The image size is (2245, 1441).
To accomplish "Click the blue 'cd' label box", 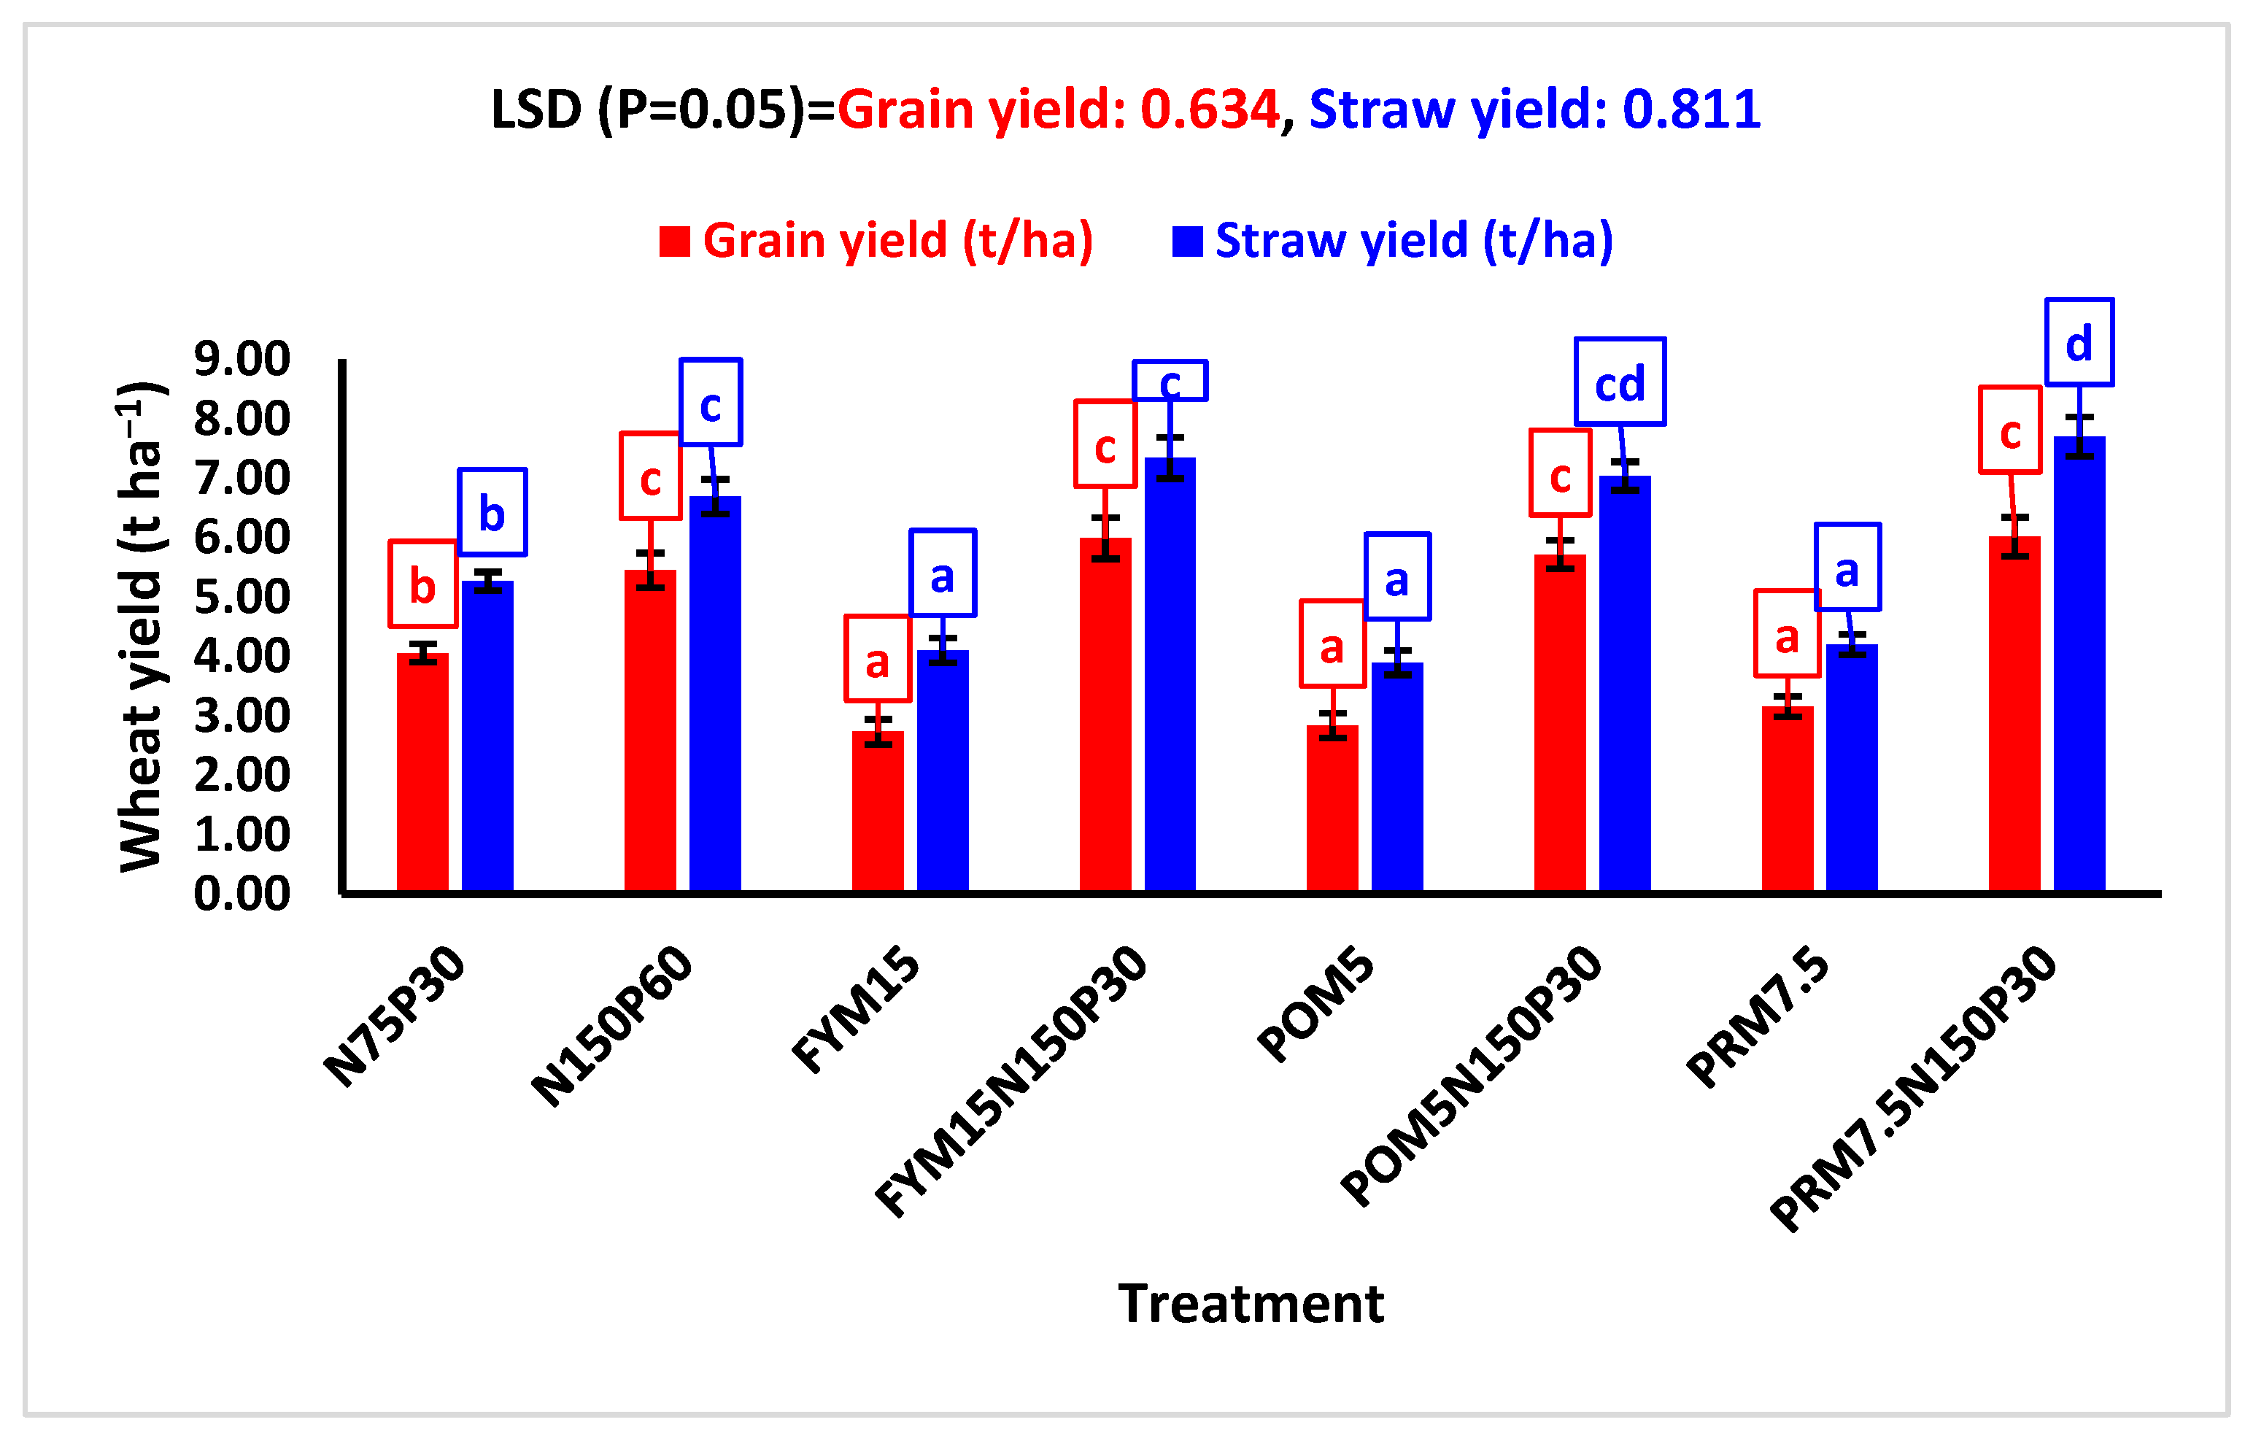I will [1619, 382].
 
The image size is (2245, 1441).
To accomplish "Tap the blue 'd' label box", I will [2079, 342].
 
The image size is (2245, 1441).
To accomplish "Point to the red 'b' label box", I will [423, 584].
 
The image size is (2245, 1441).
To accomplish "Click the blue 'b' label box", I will [492, 512].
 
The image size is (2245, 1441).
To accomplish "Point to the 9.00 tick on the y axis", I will [242, 358].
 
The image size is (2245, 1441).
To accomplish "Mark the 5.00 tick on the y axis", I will [242, 596].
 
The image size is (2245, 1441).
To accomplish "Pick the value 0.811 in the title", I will [1691, 109].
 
